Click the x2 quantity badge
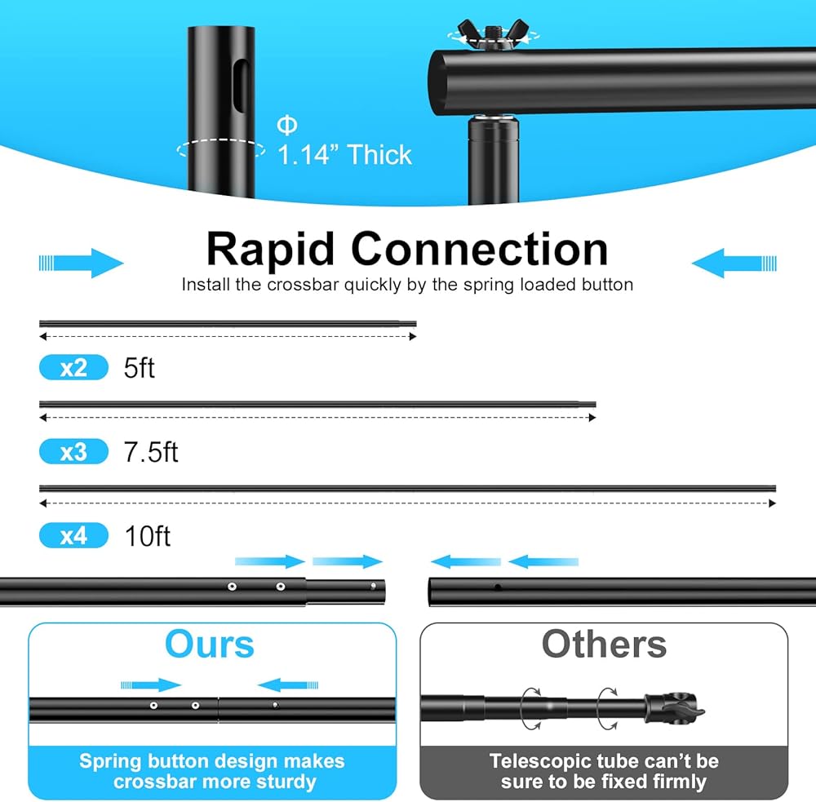(x=73, y=367)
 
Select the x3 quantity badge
(x=73, y=451)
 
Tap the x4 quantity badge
(x=73, y=535)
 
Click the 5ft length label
(x=139, y=368)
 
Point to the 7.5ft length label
(x=151, y=452)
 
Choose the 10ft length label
(x=147, y=535)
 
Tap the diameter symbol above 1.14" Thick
(x=286, y=125)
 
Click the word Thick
(x=379, y=154)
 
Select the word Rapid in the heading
(x=270, y=250)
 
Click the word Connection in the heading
(x=479, y=250)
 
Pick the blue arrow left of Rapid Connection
(x=81, y=263)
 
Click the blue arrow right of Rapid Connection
(x=734, y=263)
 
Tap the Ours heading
(x=209, y=645)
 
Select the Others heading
(x=604, y=645)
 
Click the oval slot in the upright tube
(x=241, y=86)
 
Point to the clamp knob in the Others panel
(x=675, y=709)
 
